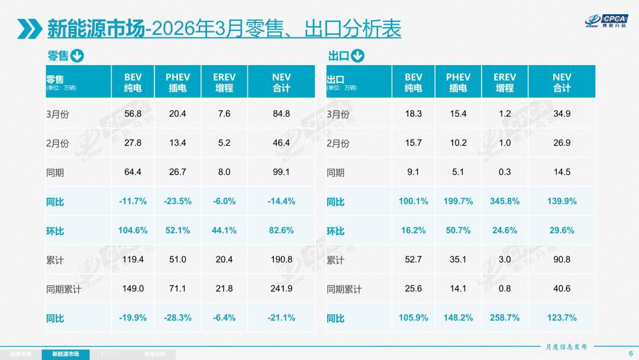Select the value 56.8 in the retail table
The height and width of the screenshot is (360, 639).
133,114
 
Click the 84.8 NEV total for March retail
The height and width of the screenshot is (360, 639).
281,114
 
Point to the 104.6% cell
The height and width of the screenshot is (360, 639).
133,230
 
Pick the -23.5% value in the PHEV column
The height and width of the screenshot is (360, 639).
177,201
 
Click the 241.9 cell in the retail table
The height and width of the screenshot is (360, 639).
281,288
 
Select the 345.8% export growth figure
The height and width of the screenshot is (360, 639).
505,201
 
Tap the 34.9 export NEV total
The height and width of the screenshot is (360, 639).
561,114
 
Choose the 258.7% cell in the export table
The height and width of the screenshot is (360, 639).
505,318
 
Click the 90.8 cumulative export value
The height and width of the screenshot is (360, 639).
561,259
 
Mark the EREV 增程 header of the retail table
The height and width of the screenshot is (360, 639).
224,82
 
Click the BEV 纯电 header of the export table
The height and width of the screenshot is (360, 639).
414,82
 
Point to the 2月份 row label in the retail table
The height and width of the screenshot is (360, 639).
57,143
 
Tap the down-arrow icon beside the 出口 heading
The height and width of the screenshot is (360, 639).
357,56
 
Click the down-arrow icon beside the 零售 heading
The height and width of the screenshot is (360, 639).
78,56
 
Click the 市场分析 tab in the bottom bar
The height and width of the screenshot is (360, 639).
155,354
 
